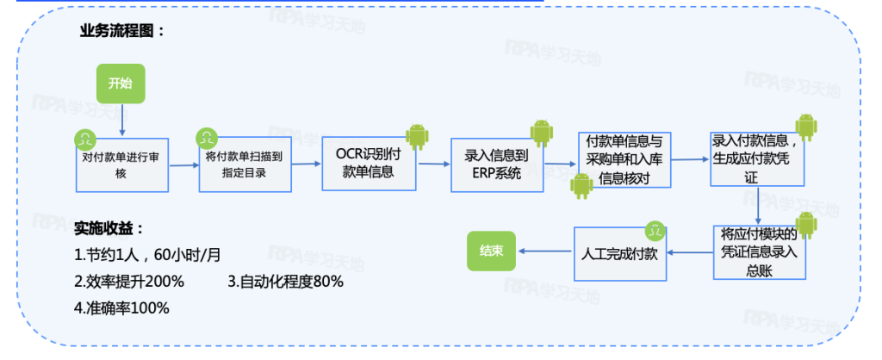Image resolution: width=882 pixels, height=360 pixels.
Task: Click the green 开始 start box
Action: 121,84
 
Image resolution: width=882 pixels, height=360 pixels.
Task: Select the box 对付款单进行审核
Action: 121,164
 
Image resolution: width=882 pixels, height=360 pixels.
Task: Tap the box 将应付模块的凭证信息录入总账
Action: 758,252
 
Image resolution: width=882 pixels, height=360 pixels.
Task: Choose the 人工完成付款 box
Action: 620,253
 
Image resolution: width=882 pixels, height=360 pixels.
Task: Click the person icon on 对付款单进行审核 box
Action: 84,138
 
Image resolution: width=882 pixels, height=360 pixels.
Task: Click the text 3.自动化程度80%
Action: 286,282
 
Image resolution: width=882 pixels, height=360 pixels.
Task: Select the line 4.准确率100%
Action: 121,307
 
